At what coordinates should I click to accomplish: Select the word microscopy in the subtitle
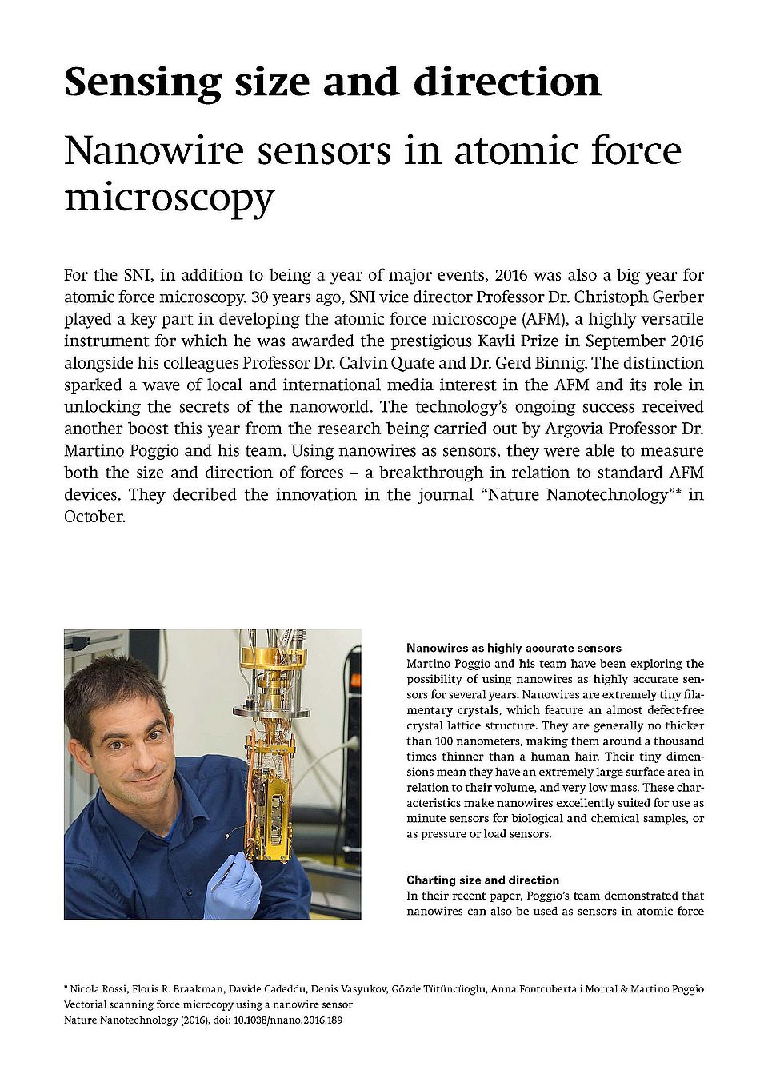pyautogui.click(x=169, y=197)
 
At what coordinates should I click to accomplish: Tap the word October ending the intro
pyautogui.click(x=94, y=517)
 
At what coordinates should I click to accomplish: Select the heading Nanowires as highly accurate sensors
pyautogui.click(x=514, y=648)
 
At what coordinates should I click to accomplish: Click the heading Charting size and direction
pyautogui.click(x=482, y=880)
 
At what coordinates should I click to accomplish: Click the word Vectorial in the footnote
pyautogui.click(x=86, y=1004)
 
